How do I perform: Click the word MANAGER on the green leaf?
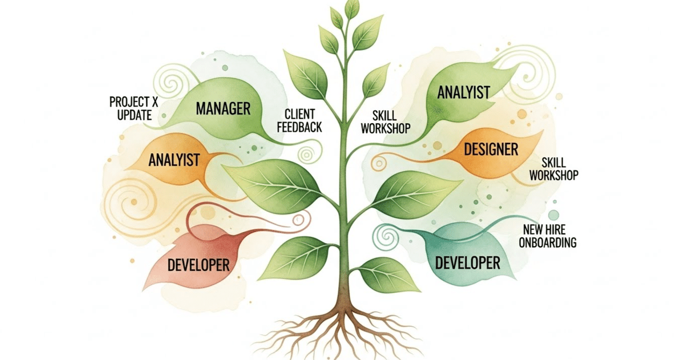(223, 109)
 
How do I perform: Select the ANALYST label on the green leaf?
(463, 92)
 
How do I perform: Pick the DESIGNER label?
(491, 149)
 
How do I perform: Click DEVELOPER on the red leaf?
(198, 264)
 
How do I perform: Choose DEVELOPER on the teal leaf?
(468, 263)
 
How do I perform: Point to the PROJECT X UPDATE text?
(131, 108)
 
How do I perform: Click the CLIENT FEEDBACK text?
(303, 120)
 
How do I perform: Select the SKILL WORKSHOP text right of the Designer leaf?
(554, 169)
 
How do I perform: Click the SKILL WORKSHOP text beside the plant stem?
(385, 121)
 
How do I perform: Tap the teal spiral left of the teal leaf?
(386, 235)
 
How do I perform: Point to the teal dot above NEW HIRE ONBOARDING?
(554, 215)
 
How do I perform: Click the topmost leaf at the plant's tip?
(352, 8)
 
